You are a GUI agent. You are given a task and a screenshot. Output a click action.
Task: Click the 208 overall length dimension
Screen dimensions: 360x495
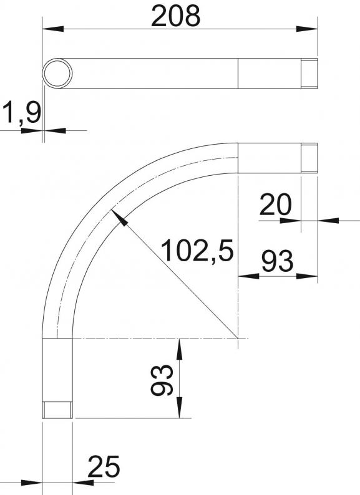(x=176, y=16)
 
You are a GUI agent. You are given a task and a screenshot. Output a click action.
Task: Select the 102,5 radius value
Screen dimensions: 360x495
(x=197, y=251)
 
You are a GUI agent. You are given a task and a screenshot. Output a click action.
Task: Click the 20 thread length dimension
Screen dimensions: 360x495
(x=275, y=204)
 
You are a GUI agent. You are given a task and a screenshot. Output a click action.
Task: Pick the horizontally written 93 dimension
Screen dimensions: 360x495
(x=278, y=261)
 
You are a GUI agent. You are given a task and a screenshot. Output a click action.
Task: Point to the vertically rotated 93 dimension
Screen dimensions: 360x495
(x=162, y=380)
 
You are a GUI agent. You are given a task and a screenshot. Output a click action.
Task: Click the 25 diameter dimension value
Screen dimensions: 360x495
(x=104, y=466)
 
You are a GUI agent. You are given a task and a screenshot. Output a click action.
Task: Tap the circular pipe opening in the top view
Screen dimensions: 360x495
(x=57, y=74)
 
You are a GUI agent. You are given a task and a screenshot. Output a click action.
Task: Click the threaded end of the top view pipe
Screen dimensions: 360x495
(x=309, y=74)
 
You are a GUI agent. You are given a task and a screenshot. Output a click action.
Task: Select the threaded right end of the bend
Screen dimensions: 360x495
(x=309, y=158)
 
